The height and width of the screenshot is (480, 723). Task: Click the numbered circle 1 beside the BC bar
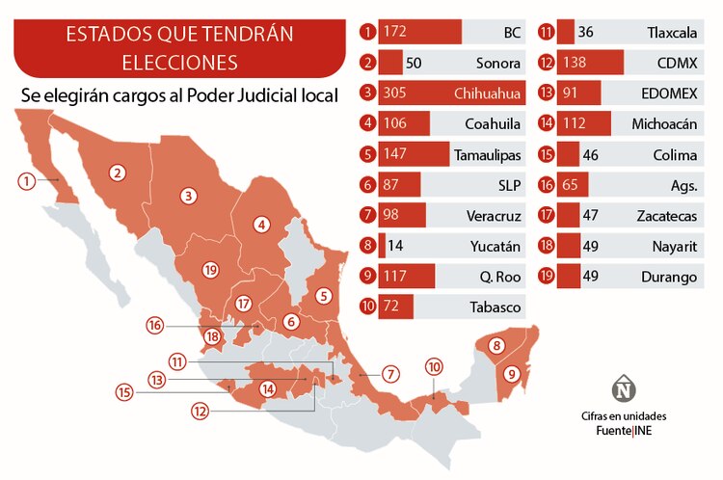(x=366, y=33)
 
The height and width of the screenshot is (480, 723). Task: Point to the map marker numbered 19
(x=212, y=269)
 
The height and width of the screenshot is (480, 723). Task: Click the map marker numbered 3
(x=189, y=196)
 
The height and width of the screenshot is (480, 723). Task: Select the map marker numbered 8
(x=497, y=345)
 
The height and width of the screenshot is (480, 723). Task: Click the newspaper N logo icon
(x=625, y=389)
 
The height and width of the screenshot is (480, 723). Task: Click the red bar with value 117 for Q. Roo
(x=407, y=277)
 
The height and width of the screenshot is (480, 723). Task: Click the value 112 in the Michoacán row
(x=592, y=124)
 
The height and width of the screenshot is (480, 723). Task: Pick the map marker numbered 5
(x=324, y=296)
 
